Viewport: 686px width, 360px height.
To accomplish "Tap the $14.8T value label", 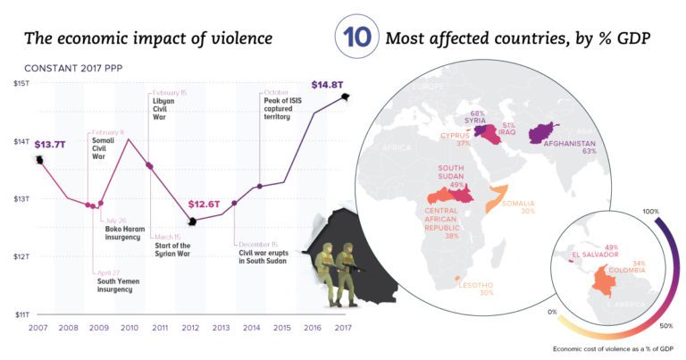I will pyautogui.click(x=327, y=86).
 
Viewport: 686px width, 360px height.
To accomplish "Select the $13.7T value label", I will pyautogui.click(x=49, y=143).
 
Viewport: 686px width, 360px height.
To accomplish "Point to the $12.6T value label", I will pyautogui.click(x=205, y=204).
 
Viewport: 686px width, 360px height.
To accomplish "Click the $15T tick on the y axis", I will pyautogui.click(x=21, y=83).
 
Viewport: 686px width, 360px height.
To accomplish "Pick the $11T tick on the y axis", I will pyautogui.click(x=21, y=314).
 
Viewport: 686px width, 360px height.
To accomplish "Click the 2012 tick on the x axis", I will pyautogui.click(x=189, y=329).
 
